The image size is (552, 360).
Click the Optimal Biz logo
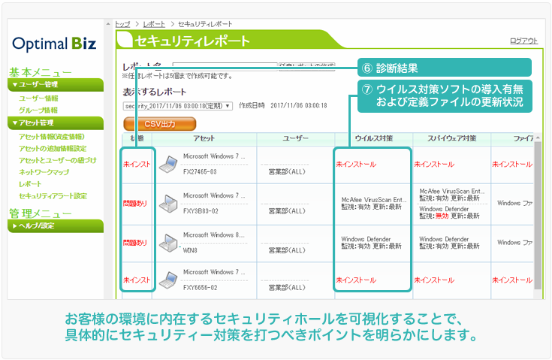pos(54,43)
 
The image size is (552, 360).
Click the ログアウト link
pos(523,41)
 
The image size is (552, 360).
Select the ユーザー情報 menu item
pos(38,98)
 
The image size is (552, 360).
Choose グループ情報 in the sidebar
pos(38,110)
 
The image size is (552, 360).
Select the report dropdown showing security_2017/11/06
pos(179,106)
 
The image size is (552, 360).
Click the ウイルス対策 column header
pos(373,138)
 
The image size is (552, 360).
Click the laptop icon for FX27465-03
pos(168,162)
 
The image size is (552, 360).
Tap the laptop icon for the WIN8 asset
pos(168,242)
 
